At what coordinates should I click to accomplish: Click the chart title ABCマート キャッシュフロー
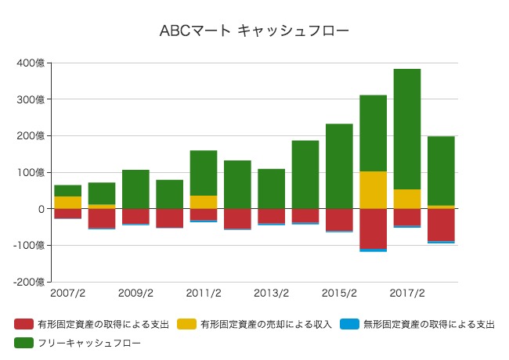click(254, 31)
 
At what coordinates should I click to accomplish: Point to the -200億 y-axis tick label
click(30, 282)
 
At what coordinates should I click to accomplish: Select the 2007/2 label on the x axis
click(67, 293)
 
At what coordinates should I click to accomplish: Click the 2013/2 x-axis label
click(272, 293)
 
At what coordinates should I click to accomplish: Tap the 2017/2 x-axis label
click(407, 293)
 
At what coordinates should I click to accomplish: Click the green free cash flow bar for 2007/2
click(67, 191)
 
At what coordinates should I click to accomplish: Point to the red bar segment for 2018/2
click(441, 225)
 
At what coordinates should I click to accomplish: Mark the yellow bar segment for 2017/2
click(407, 199)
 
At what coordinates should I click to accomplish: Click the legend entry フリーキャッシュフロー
click(87, 342)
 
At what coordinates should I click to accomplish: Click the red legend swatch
click(23, 324)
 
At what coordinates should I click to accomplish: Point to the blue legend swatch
click(349, 324)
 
